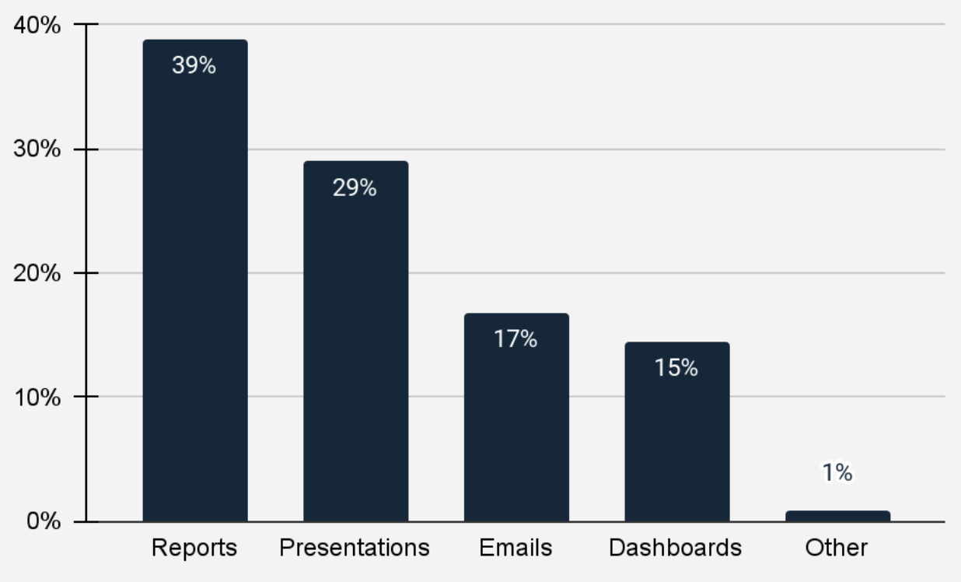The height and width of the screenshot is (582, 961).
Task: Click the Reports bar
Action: [195, 296]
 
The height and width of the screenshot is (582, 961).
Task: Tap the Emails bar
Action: [516, 428]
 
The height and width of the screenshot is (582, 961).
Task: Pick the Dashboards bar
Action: [676, 444]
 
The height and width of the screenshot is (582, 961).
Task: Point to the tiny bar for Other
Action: [837, 516]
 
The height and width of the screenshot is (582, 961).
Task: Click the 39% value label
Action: [194, 65]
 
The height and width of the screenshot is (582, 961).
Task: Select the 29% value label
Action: [355, 188]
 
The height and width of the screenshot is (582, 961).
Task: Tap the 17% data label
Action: [515, 339]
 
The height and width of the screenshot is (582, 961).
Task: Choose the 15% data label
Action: [676, 368]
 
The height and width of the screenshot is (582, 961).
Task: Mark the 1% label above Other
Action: [837, 472]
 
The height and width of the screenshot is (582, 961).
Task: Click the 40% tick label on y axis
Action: [37, 25]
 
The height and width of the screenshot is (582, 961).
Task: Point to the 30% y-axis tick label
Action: [37, 149]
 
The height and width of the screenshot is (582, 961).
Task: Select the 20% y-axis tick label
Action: [37, 273]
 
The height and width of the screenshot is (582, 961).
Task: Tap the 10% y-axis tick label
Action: [37, 397]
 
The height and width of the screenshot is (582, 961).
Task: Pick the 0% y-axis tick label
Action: [42, 521]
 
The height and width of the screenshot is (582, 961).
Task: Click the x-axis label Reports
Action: [194, 548]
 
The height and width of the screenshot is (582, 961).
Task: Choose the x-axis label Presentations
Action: [355, 548]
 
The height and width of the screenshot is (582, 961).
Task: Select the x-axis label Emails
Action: [515, 548]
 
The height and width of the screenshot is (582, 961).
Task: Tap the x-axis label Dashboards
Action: [675, 548]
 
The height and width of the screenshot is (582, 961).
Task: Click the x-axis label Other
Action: [837, 548]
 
